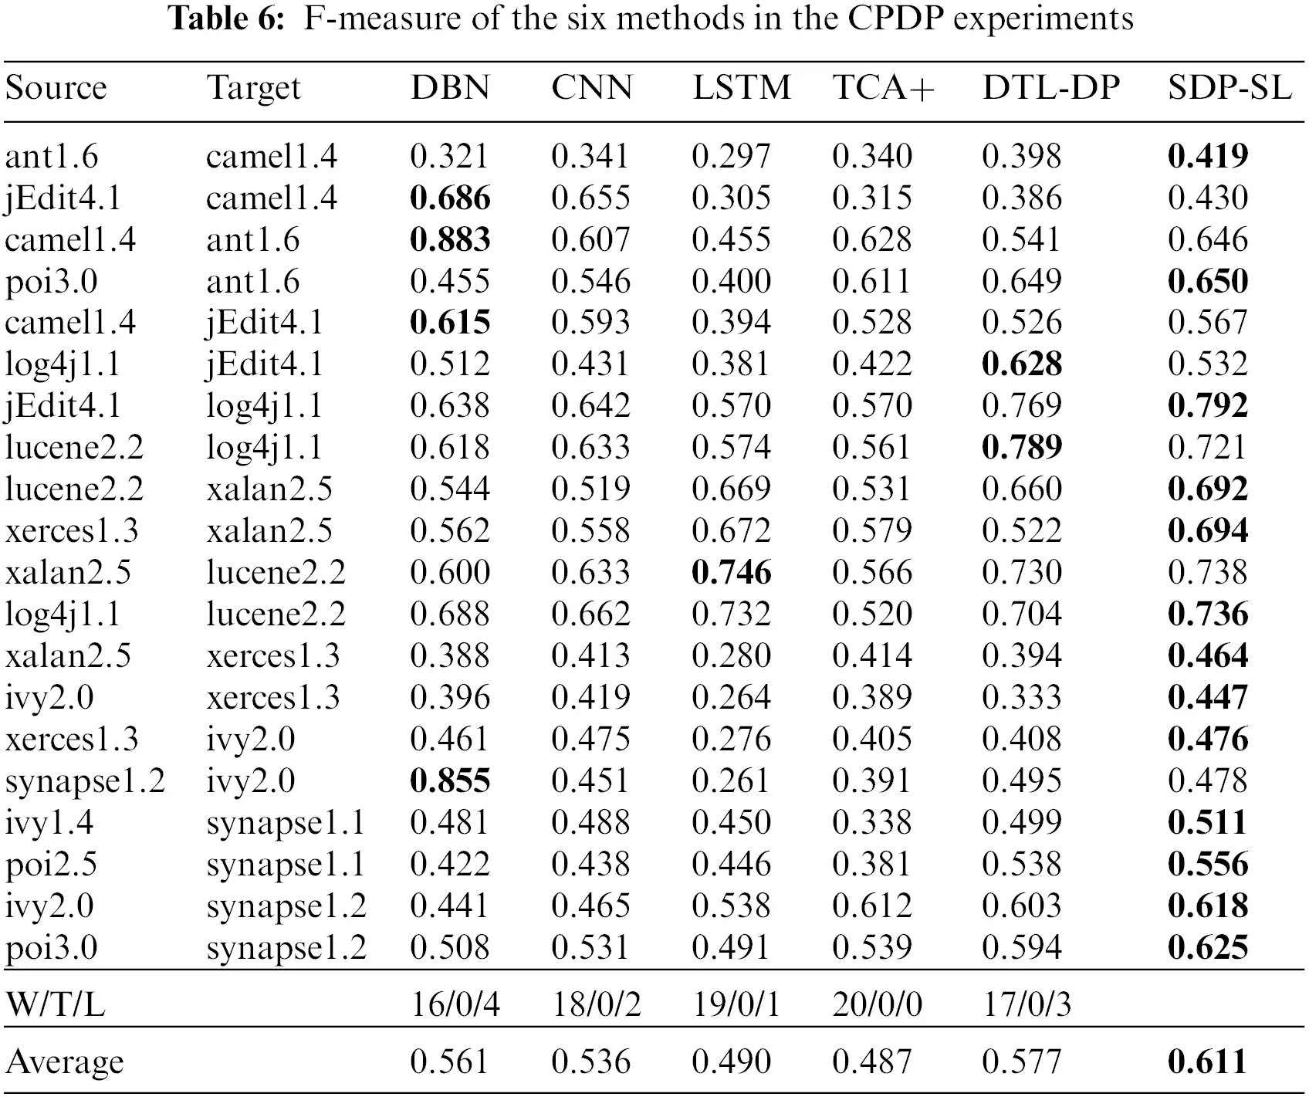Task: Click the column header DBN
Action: pos(450,87)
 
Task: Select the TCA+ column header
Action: pos(883,87)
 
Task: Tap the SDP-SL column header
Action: pos(1230,87)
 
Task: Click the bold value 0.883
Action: pos(450,240)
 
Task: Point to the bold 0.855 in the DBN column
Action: pos(450,781)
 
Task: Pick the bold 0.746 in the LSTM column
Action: pos(731,573)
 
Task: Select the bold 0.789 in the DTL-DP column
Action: pos(1022,448)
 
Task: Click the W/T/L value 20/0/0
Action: pos(877,1004)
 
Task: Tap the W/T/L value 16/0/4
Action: pos(455,1004)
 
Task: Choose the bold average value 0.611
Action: pos(1208,1062)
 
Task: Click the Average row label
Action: pos(64,1062)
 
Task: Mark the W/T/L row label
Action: pos(55,1004)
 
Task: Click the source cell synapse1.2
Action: pos(85,781)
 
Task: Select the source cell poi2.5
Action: pos(51,865)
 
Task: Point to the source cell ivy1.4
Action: pos(49,823)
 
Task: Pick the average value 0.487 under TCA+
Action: pos(872,1062)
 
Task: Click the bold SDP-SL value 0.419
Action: pos(1208,157)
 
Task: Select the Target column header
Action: pos(253,87)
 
